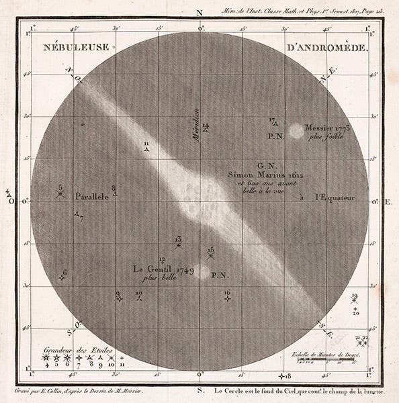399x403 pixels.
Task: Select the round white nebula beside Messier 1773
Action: click(x=295, y=131)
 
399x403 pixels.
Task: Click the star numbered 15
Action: click(x=211, y=255)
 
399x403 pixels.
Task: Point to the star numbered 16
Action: click(x=228, y=298)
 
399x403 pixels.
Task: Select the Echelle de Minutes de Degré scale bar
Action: click(x=326, y=361)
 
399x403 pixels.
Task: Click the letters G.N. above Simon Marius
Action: click(x=265, y=164)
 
